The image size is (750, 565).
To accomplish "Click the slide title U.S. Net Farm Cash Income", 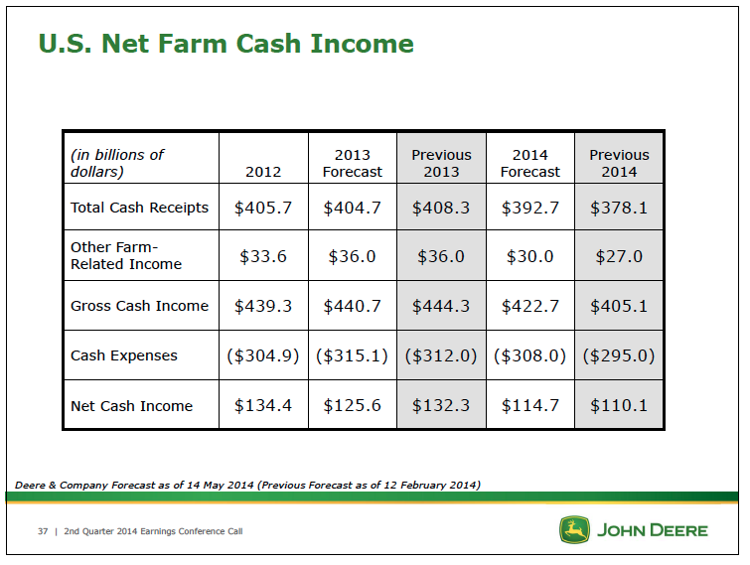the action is pyautogui.click(x=225, y=44).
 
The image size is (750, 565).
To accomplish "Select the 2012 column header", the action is pyautogui.click(x=263, y=172).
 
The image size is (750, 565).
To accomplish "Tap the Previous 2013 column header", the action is pyautogui.click(x=441, y=163).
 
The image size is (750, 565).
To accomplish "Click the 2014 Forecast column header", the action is pyautogui.click(x=530, y=163).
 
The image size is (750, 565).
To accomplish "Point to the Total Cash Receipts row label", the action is pyautogui.click(x=140, y=208).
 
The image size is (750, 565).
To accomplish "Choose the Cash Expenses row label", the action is pyautogui.click(x=124, y=355).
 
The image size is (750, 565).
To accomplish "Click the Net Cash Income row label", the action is pyautogui.click(x=131, y=406).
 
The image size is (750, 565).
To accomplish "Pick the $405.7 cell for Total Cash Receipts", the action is pyautogui.click(x=263, y=208).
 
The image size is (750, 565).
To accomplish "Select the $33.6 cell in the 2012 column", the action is pyautogui.click(x=263, y=257).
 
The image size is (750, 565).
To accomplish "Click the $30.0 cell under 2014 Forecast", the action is pyautogui.click(x=530, y=257).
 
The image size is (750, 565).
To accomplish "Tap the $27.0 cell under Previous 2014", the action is pyautogui.click(x=619, y=257).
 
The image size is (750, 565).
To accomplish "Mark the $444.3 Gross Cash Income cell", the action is pyautogui.click(x=441, y=306).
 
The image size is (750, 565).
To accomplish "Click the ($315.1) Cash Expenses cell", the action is pyautogui.click(x=352, y=355).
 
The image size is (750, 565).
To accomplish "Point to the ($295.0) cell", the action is pyautogui.click(x=619, y=355).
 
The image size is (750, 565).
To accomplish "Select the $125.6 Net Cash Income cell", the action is pyautogui.click(x=352, y=406).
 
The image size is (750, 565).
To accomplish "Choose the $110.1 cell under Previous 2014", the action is pyautogui.click(x=619, y=406).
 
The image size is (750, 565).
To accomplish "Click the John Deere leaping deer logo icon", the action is pyautogui.click(x=574, y=529).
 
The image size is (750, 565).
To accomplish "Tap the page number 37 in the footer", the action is pyautogui.click(x=43, y=531).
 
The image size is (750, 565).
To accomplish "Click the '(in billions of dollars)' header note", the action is pyautogui.click(x=117, y=163).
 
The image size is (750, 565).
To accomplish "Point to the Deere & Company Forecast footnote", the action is pyautogui.click(x=247, y=486).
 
